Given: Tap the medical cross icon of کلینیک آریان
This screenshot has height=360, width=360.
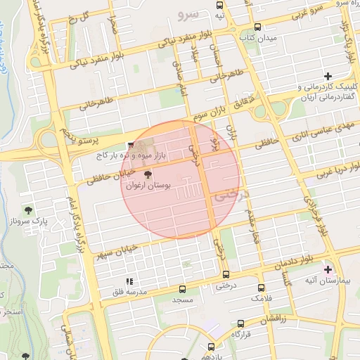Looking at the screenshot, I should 328,75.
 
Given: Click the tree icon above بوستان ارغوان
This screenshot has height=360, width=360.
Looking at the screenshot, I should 147,174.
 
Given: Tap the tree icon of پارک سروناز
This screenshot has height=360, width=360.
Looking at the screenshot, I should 28,210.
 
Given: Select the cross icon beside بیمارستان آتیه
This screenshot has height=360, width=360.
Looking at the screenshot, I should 327,269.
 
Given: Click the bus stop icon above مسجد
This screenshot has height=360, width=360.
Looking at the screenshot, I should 183,289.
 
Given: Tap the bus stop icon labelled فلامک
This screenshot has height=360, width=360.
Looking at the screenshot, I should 261,288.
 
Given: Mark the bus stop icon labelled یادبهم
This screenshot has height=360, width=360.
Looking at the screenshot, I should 211,347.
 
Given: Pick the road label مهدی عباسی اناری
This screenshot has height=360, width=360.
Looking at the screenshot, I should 323,127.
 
